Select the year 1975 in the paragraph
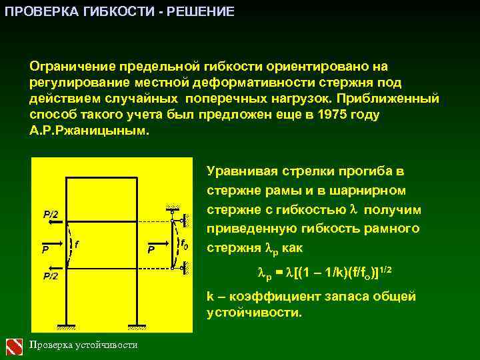click(x=333, y=115)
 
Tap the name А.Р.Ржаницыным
click(x=86, y=131)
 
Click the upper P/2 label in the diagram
click(x=51, y=215)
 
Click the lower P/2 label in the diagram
click(x=51, y=275)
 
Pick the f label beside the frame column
click(x=78, y=245)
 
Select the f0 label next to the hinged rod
click(x=184, y=245)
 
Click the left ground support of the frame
click(x=67, y=326)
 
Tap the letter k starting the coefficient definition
click(x=210, y=296)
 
